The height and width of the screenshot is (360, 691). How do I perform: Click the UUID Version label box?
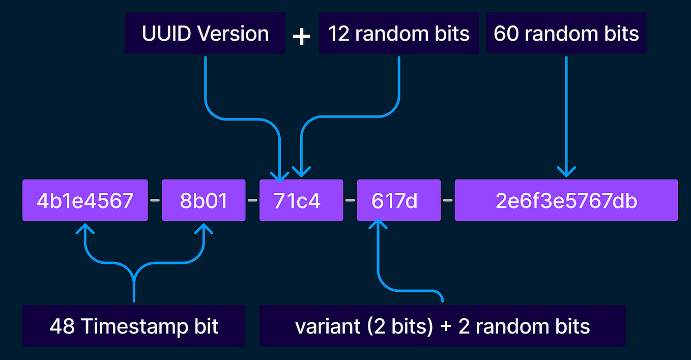(205, 34)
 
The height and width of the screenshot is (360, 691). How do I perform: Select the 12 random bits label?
(398, 34)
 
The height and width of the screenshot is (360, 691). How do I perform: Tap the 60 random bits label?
(566, 34)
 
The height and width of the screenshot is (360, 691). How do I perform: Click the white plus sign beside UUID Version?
(302, 36)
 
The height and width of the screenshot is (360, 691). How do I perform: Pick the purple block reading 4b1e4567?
(85, 200)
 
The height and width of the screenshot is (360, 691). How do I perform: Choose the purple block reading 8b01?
(204, 200)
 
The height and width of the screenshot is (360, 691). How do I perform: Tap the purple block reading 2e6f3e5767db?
(566, 200)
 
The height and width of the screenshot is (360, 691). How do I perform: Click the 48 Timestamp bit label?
(134, 326)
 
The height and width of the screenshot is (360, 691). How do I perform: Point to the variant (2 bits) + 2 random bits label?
(442, 326)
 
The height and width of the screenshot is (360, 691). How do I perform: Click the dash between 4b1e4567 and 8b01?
(155, 200)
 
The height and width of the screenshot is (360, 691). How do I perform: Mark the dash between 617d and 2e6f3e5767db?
(448, 200)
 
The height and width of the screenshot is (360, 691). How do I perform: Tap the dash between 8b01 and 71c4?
(252, 200)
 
